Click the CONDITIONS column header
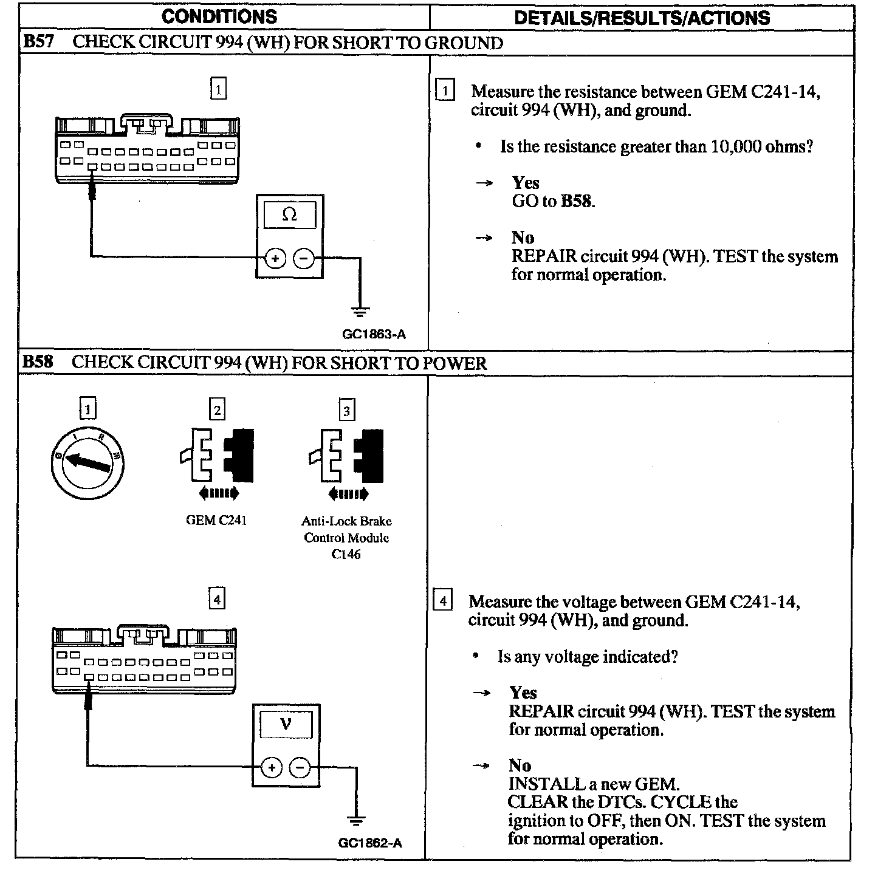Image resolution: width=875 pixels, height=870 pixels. click(219, 16)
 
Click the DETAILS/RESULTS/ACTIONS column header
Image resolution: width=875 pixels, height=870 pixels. click(642, 18)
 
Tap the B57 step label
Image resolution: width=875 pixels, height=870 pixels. click(38, 42)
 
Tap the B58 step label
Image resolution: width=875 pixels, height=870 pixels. click(38, 362)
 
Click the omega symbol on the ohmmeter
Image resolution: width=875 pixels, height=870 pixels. click(290, 215)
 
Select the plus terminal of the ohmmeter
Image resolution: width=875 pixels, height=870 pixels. click(275, 258)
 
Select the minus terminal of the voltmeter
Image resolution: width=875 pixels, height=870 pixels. click(300, 768)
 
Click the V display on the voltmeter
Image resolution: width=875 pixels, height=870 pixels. click(286, 724)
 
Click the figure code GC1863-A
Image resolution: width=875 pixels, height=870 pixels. click(374, 334)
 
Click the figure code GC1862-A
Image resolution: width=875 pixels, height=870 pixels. click(370, 843)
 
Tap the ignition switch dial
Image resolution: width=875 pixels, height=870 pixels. click(88, 464)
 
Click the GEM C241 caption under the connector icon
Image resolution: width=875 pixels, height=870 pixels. click(216, 521)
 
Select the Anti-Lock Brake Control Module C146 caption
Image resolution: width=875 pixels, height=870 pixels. click(346, 537)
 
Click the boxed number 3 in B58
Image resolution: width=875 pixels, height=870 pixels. click(346, 411)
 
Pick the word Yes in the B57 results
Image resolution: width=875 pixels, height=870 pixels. click(526, 182)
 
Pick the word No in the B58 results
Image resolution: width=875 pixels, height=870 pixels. click(520, 765)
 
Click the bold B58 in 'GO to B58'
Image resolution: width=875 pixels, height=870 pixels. click(576, 201)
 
